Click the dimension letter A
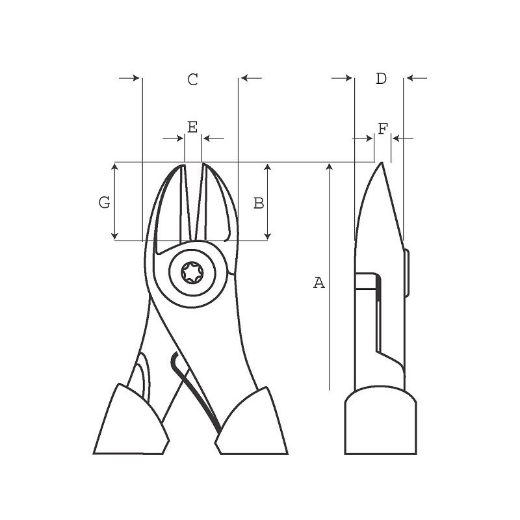[x=318, y=283]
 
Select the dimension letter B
[x=259, y=203]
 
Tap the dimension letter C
[x=192, y=80]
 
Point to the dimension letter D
[x=382, y=79]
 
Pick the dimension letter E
[x=192, y=127]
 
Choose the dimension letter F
[x=383, y=129]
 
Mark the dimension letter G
[x=104, y=203]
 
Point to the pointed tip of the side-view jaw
[x=381, y=164]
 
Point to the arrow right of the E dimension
[x=212, y=138]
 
